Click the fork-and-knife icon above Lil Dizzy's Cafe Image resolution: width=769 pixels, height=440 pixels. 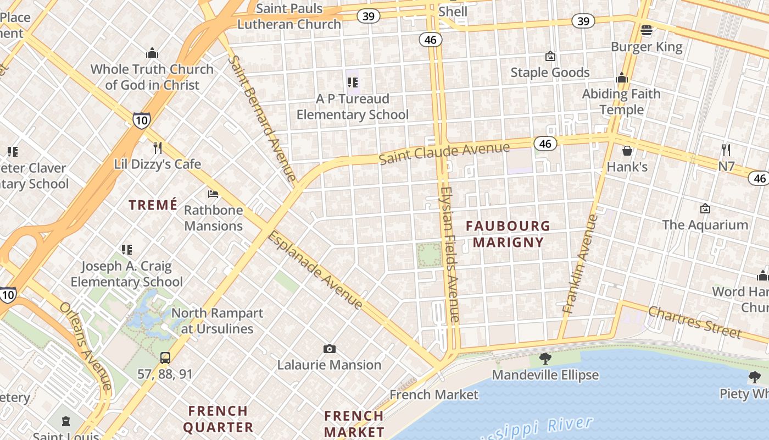[158, 147]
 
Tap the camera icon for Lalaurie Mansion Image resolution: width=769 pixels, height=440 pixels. [330, 349]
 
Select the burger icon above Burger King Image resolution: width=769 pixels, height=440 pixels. [647, 30]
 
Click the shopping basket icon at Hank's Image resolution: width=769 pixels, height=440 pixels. [627, 150]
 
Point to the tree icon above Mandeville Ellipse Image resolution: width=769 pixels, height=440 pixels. [545, 359]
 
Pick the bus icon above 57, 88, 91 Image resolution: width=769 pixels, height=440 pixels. [165, 358]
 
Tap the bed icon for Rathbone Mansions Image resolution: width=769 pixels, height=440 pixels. [213, 194]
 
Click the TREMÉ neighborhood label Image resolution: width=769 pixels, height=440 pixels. [153, 205]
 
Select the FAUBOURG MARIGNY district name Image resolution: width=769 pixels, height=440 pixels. [508, 234]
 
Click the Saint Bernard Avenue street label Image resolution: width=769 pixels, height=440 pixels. [263, 118]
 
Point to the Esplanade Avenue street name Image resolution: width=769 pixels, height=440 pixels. [315, 270]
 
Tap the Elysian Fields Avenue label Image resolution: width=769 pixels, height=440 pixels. [449, 254]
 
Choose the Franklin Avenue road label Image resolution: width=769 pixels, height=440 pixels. [581, 264]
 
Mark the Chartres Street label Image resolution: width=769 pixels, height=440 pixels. [695, 322]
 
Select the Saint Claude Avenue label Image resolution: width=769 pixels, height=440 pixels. [444, 153]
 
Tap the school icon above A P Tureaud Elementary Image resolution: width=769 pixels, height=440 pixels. [352, 82]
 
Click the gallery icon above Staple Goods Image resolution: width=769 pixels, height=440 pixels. [550, 56]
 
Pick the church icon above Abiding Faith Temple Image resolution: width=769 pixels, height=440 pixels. [622, 78]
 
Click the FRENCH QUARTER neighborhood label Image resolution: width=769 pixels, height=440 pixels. [218, 419]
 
